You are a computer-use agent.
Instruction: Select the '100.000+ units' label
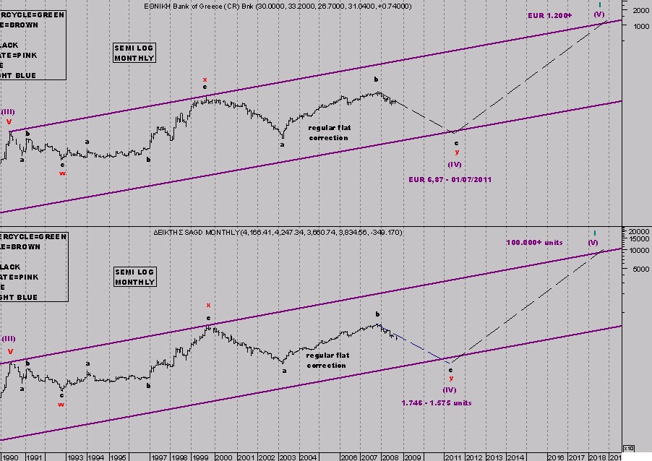click(x=534, y=243)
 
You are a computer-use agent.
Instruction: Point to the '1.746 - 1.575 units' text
click(x=435, y=402)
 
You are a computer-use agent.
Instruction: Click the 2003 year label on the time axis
click(x=287, y=457)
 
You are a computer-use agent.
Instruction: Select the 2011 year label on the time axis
click(x=453, y=457)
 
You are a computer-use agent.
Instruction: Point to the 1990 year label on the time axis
click(x=11, y=457)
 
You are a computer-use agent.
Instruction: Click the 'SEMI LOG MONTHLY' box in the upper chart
click(x=134, y=53)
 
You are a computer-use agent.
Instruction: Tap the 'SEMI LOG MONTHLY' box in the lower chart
click(x=134, y=277)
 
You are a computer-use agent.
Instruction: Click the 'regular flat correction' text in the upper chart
click(x=329, y=132)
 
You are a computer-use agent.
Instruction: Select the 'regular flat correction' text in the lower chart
click(x=327, y=360)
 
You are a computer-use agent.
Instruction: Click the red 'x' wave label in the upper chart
click(x=205, y=79)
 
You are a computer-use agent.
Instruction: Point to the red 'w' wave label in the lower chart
click(x=61, y=405)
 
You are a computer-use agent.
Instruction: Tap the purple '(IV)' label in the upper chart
click(x=455, y=164)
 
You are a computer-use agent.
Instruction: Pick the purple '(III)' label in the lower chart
click(x=9, y=338)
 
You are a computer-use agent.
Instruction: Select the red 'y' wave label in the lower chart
click(x=451, y=378)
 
